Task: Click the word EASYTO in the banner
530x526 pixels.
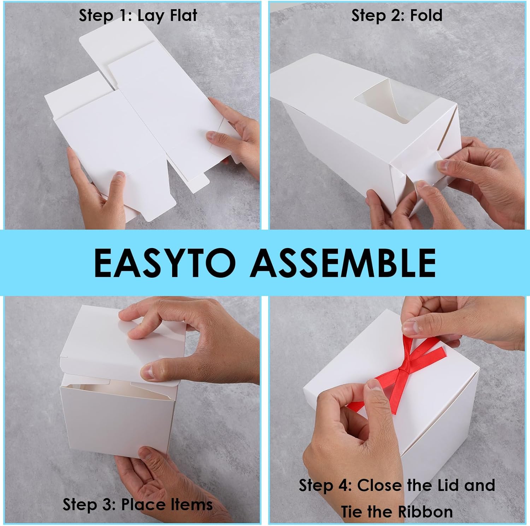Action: (x=164, y=263)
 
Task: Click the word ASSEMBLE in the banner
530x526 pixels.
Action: (x=343, y=263)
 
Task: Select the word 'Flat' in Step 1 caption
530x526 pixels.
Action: (x=183, y=16)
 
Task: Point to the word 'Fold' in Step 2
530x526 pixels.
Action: (x=426, y=16)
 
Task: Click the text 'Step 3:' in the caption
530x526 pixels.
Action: (x=89, y=504)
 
